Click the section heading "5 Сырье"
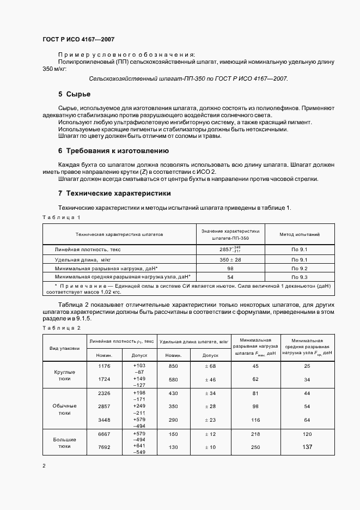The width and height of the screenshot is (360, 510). [x=74, y=94]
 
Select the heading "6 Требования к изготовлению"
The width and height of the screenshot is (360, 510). [x=113, y=150]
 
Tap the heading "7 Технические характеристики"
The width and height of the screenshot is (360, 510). [x=114, y=193]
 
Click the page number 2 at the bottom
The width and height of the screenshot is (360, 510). [x=44, y=465]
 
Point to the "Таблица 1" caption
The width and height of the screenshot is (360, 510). [x=62, y=217]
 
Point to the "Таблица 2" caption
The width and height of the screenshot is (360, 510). [x=62, y=327]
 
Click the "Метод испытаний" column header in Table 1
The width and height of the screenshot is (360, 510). [x=300, y=234]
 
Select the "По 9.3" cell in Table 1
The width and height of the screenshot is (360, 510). [x=300, y=277]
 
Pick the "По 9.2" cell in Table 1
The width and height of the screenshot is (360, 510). [x=300, y=269]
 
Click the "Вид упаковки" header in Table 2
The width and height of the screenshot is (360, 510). [x=65, y=348]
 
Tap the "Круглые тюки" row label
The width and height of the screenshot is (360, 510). [x=65, y=375]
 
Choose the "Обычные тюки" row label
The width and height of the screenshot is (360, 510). [x=65, y=409]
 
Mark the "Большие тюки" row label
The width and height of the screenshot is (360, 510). [x=65, y=442]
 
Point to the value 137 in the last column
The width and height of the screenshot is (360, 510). [x=307, y=447]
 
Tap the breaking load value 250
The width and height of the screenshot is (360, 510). [x=255, y=448]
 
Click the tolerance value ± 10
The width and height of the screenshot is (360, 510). [x=210, y=448]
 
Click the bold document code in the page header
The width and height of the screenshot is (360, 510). [x=78, y=40]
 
